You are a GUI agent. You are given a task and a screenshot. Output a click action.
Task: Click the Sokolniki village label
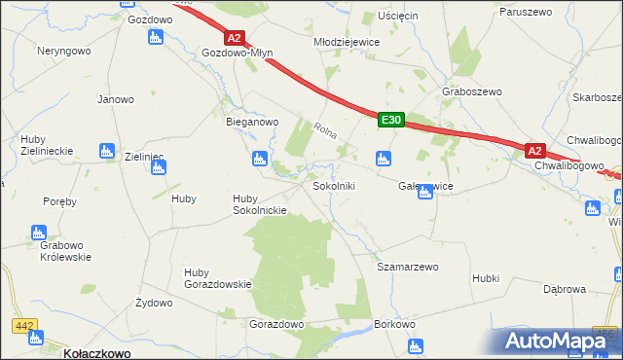(334, 185)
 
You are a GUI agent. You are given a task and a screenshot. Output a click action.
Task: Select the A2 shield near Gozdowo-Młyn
(234, 38)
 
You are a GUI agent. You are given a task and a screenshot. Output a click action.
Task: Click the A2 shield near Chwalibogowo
(534, 151)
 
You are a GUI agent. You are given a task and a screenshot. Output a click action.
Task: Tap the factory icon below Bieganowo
(259, 159)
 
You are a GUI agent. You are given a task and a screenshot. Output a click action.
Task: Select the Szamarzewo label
(408, 266)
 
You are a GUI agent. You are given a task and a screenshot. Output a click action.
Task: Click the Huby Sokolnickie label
(258, 204)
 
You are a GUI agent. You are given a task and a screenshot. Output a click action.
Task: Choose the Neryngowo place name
(63, 50)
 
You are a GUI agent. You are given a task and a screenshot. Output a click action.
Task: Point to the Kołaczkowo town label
(96, 353)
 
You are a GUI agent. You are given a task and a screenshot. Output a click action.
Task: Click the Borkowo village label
(395, 324)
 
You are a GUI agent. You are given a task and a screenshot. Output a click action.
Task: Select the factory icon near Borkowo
(417, 345)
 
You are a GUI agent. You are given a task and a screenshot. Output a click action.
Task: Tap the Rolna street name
(325, 128)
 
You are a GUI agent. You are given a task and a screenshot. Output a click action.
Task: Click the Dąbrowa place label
(564, 289)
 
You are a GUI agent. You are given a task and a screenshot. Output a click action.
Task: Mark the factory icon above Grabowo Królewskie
(38, 233)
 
